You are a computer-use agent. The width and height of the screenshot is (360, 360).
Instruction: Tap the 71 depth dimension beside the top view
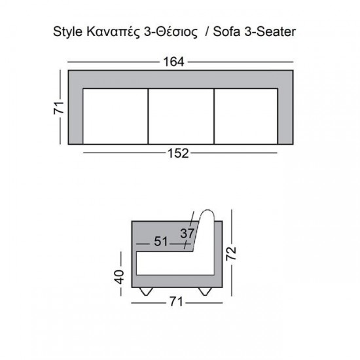pyautogui.click(x=58, y=107)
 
